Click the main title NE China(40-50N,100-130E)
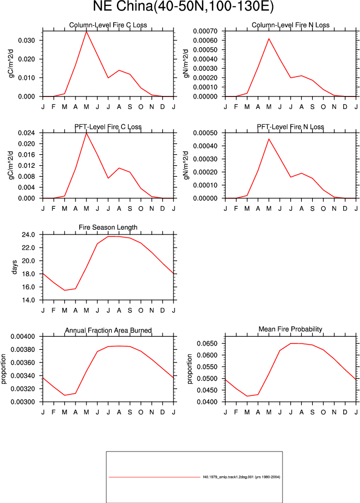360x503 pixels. (183, 6)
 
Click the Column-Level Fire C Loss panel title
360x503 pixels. (108, 25)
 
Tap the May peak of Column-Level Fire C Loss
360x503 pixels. (86, 31)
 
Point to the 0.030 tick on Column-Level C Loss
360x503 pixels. (26, 40)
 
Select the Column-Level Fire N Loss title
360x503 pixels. (290, 25)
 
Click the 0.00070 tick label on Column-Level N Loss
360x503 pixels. (205, 31)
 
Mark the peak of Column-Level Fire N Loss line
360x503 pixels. (269, 39)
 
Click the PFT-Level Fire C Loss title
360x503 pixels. (108, 127)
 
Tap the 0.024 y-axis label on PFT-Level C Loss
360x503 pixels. (26, 133)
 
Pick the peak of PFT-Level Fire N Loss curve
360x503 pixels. (269, 139)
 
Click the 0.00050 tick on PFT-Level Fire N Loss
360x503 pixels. (205, 133)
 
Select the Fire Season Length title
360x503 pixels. (108, 228)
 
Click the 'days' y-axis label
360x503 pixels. (14, 267)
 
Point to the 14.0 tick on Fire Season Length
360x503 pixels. (28, 300)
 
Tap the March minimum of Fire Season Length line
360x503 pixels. (65, 291)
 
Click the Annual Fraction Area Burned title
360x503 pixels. (108, 330)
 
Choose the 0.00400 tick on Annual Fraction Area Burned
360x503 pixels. (23, 337)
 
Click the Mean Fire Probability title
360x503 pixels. (290, 329)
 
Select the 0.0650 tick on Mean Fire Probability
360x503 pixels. (208, 344)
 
